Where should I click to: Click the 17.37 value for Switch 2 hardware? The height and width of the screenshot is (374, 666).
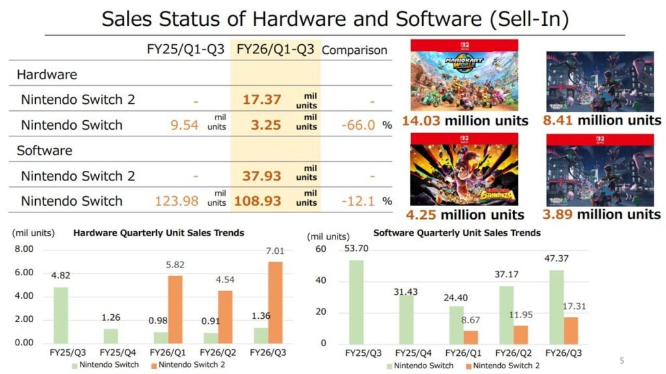(x=262, y=99)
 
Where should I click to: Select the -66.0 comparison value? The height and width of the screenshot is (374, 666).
(x=358, y=125)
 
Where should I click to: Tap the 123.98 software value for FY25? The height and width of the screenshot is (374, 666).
(x=177, y=201)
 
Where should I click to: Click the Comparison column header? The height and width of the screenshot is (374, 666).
(x=354, y=50)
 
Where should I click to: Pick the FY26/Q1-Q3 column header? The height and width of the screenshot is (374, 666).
(x=275, y=49)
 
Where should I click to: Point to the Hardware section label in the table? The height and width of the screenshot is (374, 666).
(x=47, y=75)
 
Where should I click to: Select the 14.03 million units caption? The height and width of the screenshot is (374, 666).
(x=464, y=121)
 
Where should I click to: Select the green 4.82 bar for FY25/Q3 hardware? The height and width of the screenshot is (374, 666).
(x=62, y=315)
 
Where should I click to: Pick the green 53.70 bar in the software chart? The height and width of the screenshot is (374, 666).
(x=356, y=302)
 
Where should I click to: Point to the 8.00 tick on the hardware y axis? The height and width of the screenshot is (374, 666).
(x=24, y=249)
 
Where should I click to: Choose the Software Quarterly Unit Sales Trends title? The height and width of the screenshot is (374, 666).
(x=457, y=232)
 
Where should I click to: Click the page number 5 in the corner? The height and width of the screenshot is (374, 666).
(x=621, y=360)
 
